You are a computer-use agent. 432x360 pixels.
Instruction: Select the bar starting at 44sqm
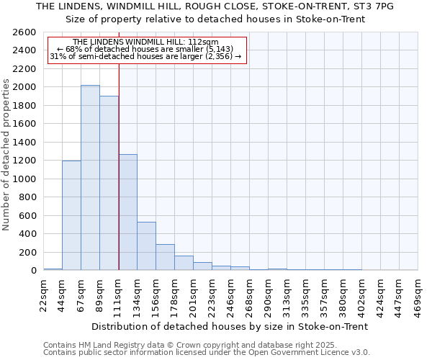(x=71, y=215)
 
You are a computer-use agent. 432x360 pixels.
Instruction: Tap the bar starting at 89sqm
(x=109, y=183)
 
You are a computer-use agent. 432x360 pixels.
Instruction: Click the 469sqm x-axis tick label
(x=418, y=294)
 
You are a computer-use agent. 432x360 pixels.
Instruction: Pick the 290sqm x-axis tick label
(x=268, y=294)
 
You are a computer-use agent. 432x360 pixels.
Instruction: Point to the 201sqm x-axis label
(x=193, y=294)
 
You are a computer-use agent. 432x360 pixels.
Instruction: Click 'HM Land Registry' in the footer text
(x=112, y=345)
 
